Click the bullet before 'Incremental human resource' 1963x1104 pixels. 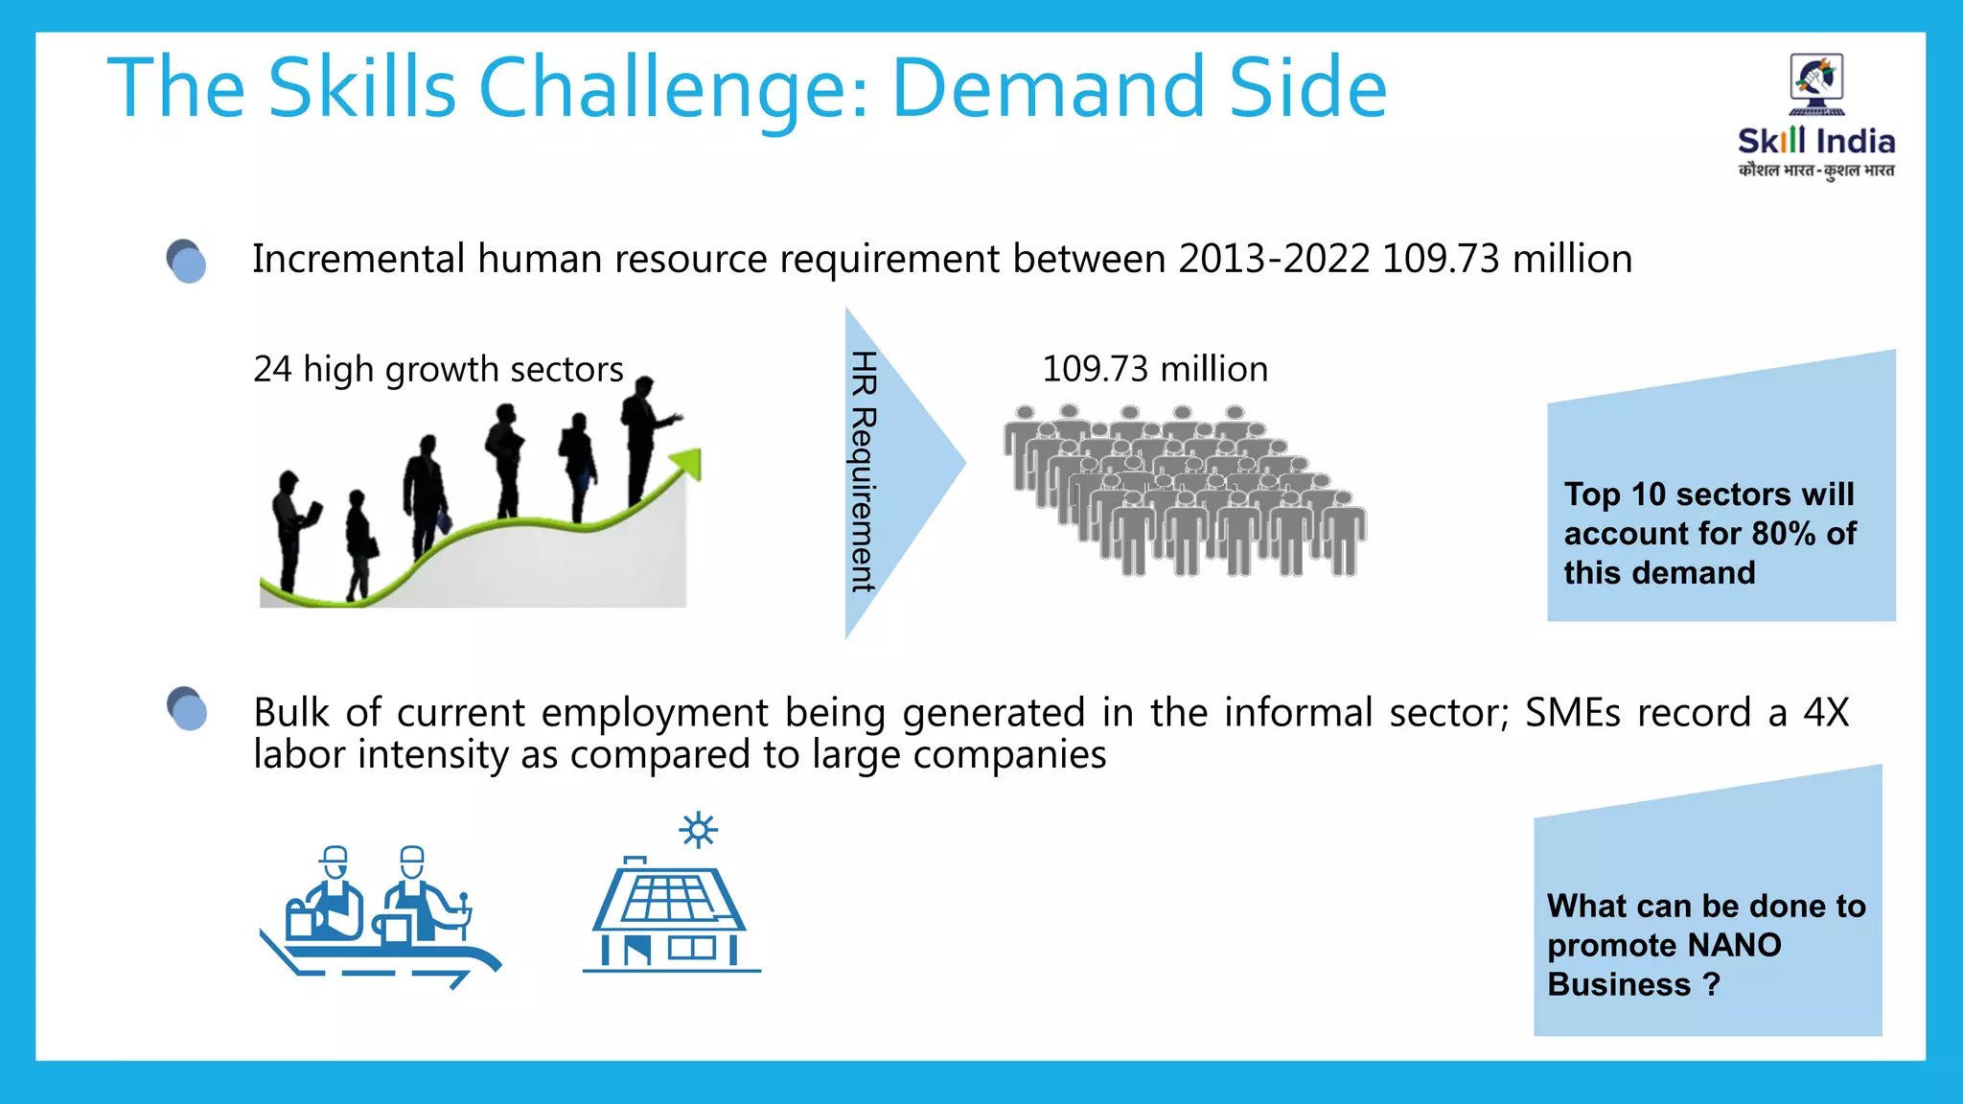[x=186, y=261]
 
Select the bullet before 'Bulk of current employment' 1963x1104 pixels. [x=187, y=709]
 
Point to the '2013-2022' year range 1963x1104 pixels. [x=1274, y=260]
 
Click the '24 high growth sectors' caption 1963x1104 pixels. [x=438, y=369]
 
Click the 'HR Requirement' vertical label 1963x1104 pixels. [x=864, y=471]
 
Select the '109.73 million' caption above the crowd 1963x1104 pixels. [x=1155, y=369]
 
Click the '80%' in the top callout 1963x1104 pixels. [x=1783, y=534]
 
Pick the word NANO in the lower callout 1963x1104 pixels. [x=1734, y=946]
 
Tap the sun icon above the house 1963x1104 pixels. [x=698, y=830]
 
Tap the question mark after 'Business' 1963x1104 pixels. [x=1712, y=985]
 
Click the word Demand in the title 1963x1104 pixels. [x=1047, y=88]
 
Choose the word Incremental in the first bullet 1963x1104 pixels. [x=358, y=260]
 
